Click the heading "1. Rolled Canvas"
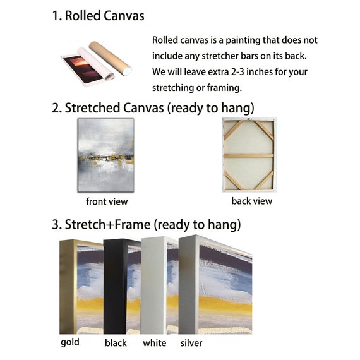click(99, 16)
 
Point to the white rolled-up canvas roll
click(96, 64)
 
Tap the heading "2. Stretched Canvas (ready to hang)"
click(153, 108)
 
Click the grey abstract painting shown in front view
click(106, 155)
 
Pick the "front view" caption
click(107, 201)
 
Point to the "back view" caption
click(252, 201)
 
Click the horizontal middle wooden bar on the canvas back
click(249, 155)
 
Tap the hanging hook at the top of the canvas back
click(248, 119)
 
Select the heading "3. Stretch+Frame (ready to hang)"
click(147, 224)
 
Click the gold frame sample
click(68, 287)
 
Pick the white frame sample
click(153, 286)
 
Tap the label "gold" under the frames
click(70, 342)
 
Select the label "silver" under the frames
click(191, 343)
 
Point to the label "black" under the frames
click(116, 343)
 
